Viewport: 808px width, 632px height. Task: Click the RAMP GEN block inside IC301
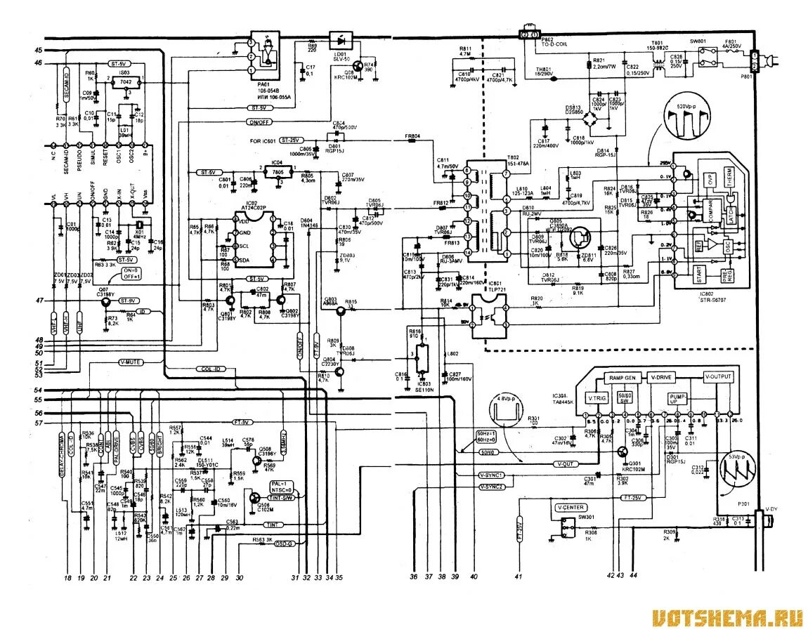623,377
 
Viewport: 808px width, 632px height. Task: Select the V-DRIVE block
662,377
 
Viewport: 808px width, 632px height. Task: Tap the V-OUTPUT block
718,377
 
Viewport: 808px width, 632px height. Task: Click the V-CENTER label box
570,507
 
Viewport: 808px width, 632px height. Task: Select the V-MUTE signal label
131,362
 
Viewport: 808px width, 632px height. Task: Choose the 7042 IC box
125,82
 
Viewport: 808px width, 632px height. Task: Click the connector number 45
38,50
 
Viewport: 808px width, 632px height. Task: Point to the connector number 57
38,423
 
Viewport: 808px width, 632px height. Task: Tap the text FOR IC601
262,141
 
